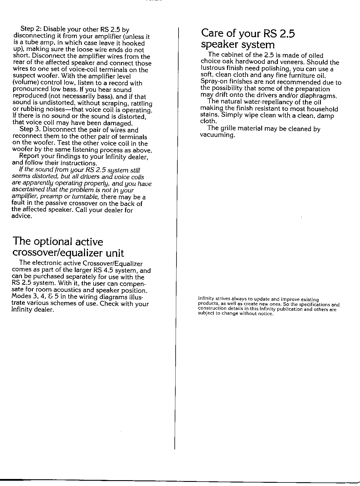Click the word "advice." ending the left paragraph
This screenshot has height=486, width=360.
click(22, 216)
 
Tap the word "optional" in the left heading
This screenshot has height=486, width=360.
click(53, 242)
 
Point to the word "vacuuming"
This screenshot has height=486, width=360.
click(217, 135)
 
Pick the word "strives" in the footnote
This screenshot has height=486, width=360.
click(223, 299)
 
